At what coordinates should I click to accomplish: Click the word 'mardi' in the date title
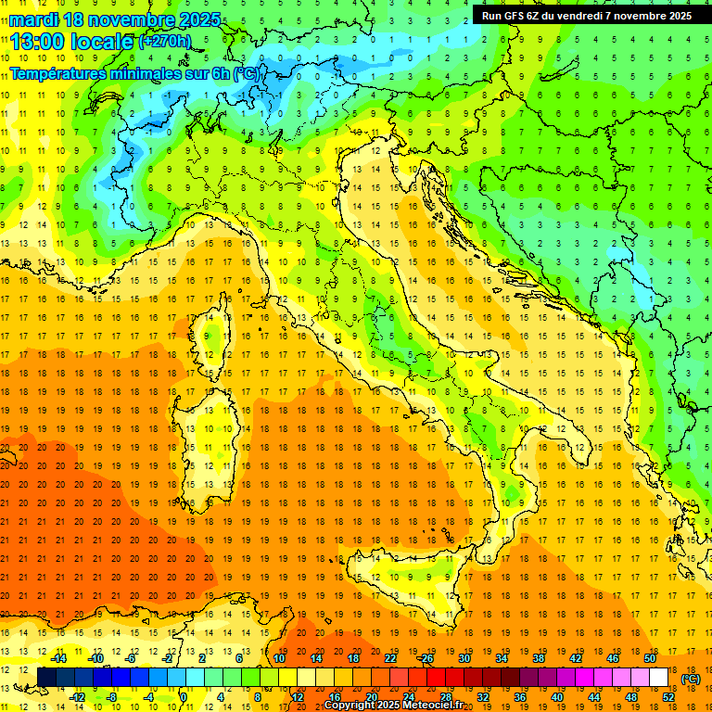point(31,19)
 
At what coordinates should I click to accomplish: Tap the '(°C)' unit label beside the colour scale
point(690,679)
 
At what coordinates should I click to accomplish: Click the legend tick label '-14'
point(58,658)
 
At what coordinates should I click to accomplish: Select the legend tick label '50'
point(649,658)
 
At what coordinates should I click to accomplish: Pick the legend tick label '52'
point(667,697)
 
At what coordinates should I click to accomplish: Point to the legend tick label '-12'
point(78,697)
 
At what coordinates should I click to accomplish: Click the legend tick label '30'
point(464,658)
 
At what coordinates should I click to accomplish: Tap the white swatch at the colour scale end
point(658,678)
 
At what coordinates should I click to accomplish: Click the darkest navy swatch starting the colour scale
point(47,678)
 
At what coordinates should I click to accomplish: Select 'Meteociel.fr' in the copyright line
point(439,706)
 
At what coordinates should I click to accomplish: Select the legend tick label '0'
point(183,697)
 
